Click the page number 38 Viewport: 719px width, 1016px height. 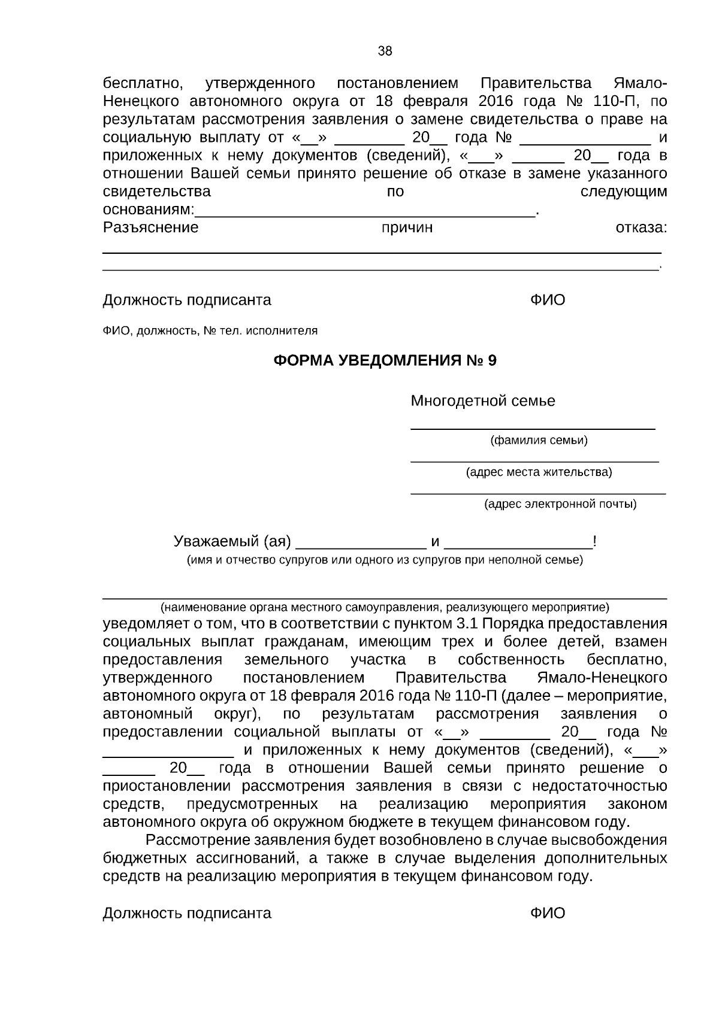385,51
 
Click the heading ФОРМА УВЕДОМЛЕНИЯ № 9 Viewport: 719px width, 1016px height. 385,361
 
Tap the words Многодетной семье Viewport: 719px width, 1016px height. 482,401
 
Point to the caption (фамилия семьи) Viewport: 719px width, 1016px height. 539,441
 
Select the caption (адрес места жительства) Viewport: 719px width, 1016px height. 539,472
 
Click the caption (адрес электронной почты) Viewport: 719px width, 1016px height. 560,504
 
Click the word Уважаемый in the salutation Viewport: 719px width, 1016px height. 215,542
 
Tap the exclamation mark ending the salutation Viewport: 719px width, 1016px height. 594,542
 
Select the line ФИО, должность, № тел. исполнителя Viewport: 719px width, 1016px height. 210,330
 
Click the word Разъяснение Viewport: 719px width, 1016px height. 150,228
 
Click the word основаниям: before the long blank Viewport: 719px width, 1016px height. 149,210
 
